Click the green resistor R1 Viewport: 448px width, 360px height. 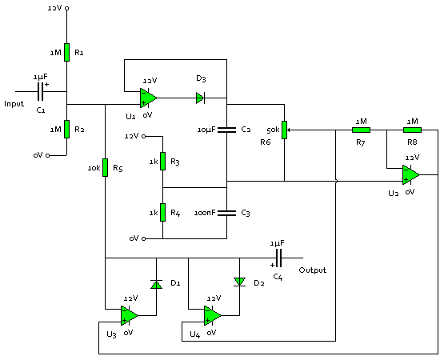pos(66,52)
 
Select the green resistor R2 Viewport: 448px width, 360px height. pos(66,129)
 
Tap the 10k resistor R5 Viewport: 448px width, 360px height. pos(105,167)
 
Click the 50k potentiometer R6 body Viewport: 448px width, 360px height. pos(284,130)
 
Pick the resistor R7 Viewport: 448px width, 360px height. pos(361,130)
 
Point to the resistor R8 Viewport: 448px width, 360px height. pos(412,130)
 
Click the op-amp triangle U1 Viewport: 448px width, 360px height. pos(148,98)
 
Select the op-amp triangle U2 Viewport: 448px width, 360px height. pos(410,174)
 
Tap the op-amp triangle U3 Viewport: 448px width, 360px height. pos(129,315)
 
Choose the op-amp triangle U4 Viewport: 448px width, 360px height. pos(212,315)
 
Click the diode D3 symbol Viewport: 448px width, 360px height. pos(200,98)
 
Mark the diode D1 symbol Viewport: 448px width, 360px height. pos(156,284)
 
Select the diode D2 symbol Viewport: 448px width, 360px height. pos(239,282)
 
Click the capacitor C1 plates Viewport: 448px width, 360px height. pos(41,91)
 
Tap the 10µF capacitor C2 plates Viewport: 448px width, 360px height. pos(227,130)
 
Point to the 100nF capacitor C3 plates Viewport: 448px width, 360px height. pos(227,213)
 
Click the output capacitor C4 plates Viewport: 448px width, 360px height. pos(278,258)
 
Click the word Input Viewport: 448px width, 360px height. pos(14,104)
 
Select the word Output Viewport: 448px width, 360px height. pos(312,270)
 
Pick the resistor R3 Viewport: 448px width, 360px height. pos(162,161)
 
